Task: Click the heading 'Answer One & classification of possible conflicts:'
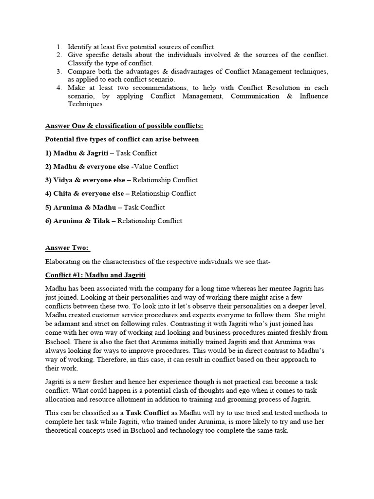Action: [124, 126]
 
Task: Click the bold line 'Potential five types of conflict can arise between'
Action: [122, 139]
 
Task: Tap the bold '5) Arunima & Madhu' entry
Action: [80, 207]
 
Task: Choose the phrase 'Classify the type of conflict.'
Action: [110, 63]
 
